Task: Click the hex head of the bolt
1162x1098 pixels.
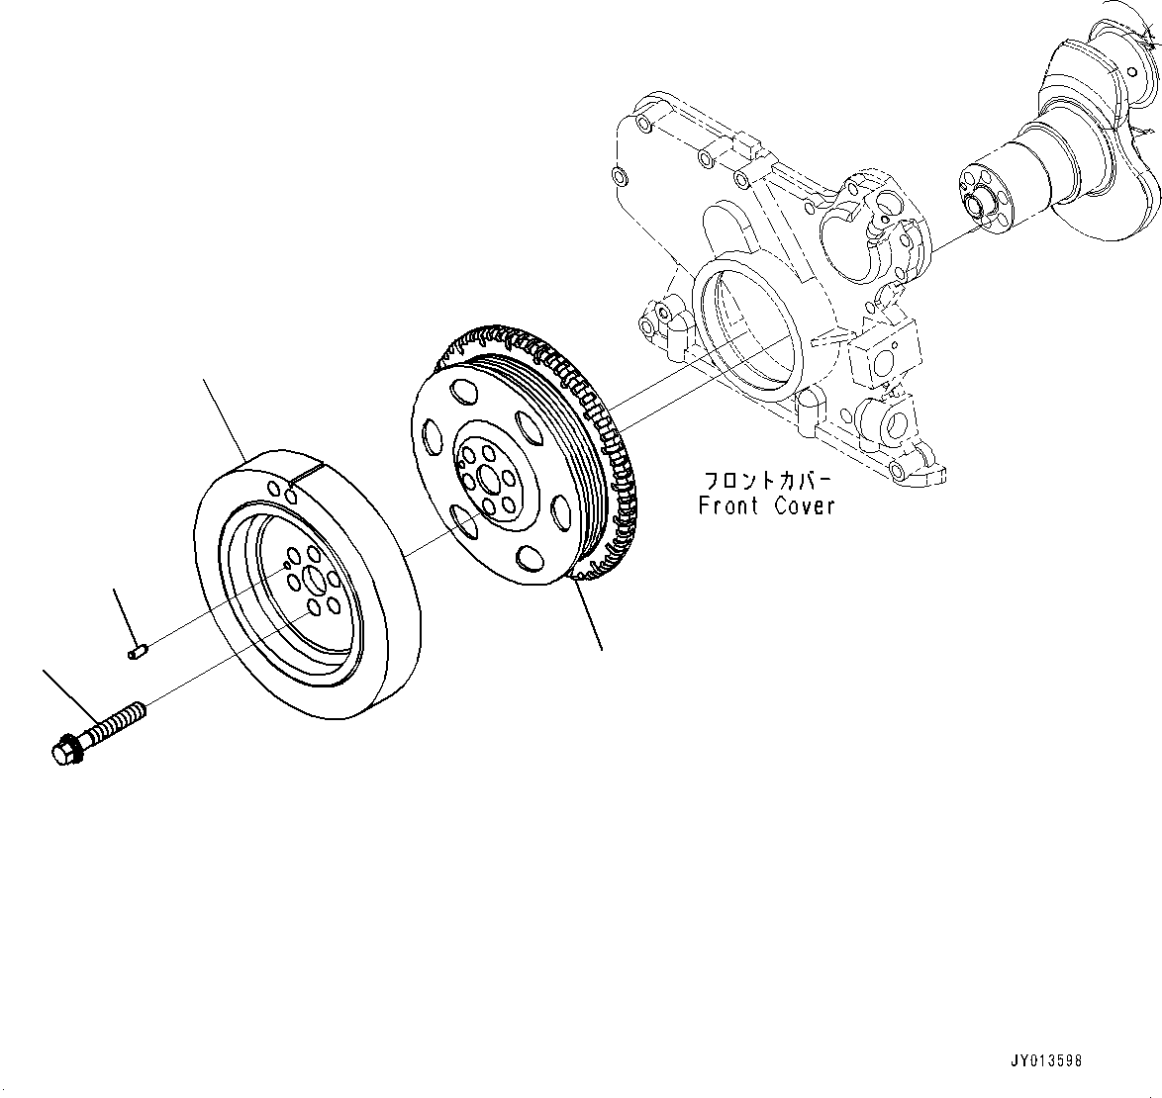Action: [x=64, y=750]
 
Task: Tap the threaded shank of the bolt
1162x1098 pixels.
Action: [x=117, y=720]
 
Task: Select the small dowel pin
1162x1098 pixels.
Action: [x=139, y=650]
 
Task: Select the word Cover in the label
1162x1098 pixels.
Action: [x=804, y=505]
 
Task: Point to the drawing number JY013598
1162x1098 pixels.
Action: [x=1047, y=1060]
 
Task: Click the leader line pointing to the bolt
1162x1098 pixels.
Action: [x=70, y=697]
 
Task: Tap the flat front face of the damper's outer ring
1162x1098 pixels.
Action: [x=213, y=594]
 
